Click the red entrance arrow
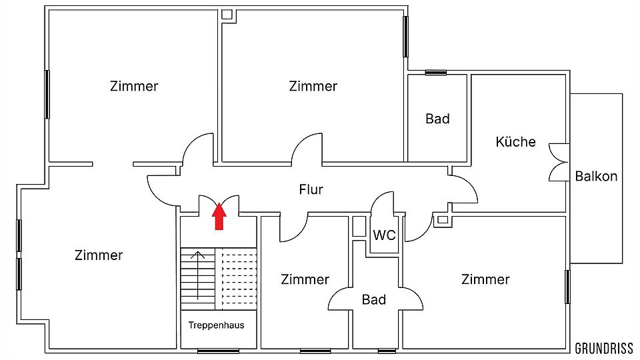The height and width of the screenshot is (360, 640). [219, 216]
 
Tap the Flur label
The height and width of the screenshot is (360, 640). [311, 190]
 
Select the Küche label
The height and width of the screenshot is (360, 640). [515, 141]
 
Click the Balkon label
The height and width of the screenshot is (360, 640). [596, 176]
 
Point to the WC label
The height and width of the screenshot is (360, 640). [384, 235]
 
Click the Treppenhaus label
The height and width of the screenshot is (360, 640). [216, 325]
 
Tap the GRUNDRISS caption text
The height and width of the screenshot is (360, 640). [604, 349]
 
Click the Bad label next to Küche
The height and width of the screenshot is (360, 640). [437, 119]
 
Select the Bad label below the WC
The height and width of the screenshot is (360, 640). [374, 299]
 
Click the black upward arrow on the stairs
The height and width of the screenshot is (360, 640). [198, 275]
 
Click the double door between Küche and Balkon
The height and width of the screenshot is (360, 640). [559, 163]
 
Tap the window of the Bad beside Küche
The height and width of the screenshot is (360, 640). [436, 73]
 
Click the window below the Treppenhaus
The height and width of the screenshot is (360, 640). [219, 351]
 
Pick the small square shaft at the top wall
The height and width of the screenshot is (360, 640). [227, 15]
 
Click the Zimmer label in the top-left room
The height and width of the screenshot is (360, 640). [134, 86]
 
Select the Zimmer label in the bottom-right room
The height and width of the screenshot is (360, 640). [485, 279]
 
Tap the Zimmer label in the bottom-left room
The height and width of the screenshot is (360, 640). [99, 255]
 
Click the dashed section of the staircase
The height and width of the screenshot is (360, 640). [236, 279]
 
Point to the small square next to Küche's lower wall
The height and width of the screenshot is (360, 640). [443, 220]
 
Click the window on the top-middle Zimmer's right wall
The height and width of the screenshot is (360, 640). [406, 36]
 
